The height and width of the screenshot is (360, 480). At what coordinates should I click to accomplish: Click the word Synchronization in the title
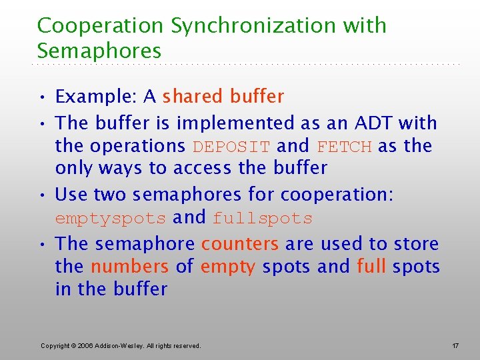click(x=262, y=25)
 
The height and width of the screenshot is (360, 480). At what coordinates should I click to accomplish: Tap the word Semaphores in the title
click(x=99, y=51)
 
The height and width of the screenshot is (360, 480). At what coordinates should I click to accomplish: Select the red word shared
click(x=193, y=97)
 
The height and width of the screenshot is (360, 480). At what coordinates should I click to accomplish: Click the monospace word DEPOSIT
click(x=231, y=146)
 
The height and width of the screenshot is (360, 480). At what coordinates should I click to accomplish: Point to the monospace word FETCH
click(x=344, y=146)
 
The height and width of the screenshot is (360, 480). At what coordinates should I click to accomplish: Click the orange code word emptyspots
click(x=110, y=218)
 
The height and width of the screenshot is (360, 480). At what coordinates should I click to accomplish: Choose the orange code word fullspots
click(x=263, y=218)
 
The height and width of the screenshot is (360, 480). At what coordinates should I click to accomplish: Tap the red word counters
click(x=239, y=244)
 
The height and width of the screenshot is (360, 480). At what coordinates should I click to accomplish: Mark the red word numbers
click(x=129, y=267)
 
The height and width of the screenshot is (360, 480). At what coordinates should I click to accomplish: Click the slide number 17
click(x=455, y=345)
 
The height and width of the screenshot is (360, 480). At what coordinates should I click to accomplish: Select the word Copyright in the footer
click(x=56, y=345)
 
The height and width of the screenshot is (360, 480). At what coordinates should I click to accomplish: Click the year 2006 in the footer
click(x=87, y=345)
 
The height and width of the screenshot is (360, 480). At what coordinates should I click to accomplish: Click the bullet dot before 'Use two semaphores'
click(x=41, y=195)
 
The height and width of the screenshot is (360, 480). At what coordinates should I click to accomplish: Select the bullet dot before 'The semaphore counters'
click(x=41, y=244)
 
